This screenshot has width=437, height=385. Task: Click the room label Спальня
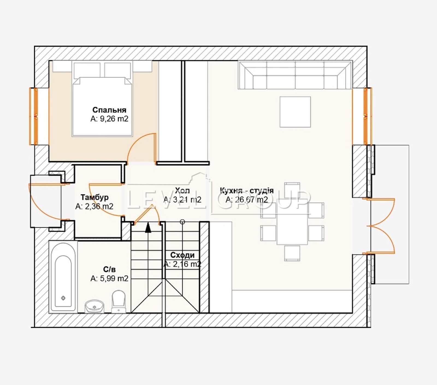pos(109,110)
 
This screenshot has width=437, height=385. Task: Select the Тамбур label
pos(95,197)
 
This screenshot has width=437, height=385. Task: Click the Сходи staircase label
pos(182,255)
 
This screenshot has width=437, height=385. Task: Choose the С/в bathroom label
pos(109,269)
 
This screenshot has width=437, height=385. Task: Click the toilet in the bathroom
pos(119,301)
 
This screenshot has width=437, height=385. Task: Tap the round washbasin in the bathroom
pos(95,307)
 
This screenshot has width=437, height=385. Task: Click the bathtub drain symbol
pos(63,298)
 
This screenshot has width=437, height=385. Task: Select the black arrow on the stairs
pos(148,227)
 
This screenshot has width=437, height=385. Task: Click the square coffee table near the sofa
pos(295,112)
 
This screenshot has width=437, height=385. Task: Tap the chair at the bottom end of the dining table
pos(292,253)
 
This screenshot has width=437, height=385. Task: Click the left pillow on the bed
pos(87,70)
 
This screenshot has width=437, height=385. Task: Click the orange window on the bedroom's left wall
pos(34,116)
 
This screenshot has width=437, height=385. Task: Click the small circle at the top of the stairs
pos(182,222)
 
